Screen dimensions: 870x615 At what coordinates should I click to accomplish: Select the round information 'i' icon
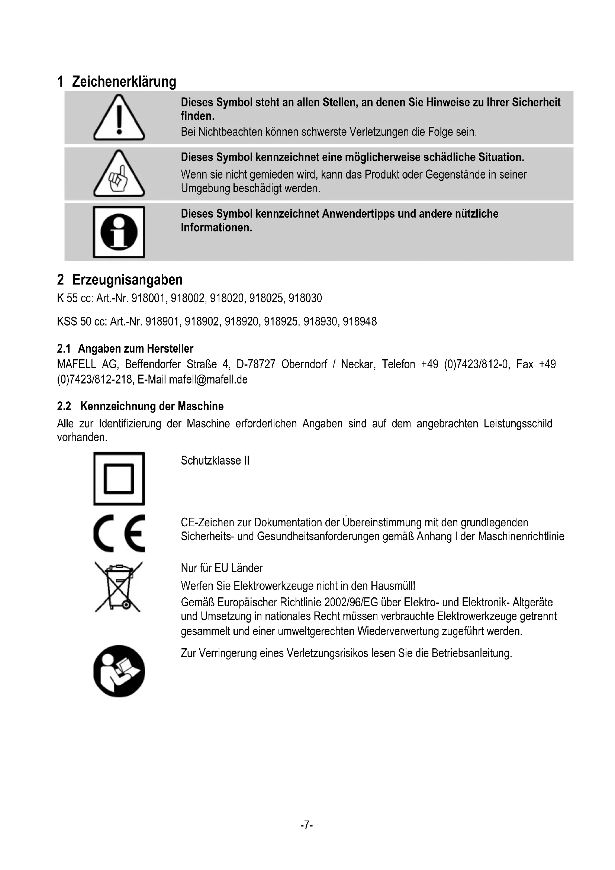119,231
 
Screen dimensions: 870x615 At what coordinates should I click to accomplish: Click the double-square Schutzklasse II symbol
119,478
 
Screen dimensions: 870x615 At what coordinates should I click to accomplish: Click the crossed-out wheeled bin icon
119,587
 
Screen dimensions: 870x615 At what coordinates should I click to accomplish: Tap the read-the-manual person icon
119,671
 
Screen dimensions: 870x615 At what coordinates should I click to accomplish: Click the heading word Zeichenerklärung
124,81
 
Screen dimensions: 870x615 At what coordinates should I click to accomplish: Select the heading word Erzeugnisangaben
128,280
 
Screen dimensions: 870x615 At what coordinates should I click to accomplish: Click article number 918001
148,299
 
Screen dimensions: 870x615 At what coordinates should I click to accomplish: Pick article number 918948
360,322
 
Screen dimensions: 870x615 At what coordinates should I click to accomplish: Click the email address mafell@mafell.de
208,379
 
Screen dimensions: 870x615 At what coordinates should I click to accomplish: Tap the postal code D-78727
255,364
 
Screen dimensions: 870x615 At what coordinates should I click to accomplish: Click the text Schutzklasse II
215,460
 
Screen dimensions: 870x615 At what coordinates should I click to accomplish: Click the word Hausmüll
392,586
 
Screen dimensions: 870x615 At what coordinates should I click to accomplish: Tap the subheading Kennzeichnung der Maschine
152,406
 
